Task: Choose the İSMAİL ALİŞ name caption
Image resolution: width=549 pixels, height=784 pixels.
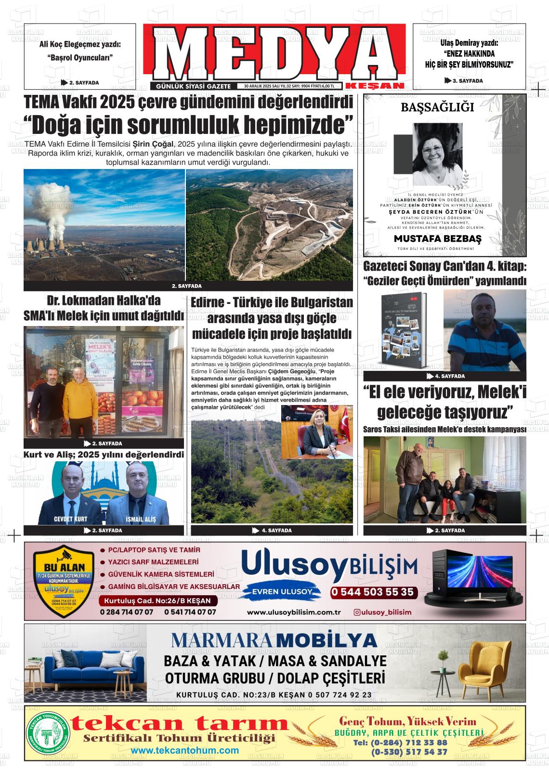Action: click(140, 520)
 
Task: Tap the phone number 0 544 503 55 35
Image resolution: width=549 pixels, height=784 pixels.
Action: click(372, 592)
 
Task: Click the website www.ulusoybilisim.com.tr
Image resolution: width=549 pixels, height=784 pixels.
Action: click(294, 612)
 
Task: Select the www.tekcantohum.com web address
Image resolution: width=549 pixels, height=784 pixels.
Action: click(184, 751)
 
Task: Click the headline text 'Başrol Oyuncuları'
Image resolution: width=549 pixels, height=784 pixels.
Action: click(80, 57)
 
